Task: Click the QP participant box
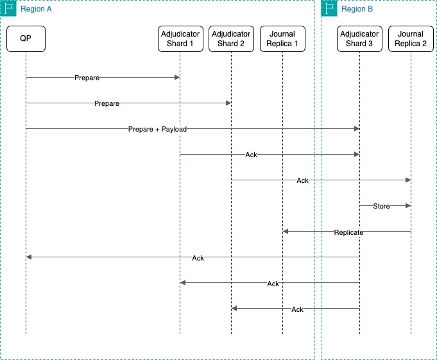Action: coord(26,39)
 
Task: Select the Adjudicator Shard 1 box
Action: coord(180,39)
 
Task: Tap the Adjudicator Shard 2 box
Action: coord(231,39)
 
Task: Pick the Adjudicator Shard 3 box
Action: coord(359,39)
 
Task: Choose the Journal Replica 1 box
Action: coord(282,39)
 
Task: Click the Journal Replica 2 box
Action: coord(411,39)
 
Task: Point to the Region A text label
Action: coord(36,9)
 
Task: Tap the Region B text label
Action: coord(357,9)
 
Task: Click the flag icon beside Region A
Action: coord(8,8)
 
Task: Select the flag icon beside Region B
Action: coord(329,8)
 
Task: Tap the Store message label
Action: coord(382,206)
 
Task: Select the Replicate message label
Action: coord(348,232)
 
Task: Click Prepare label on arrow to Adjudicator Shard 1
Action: coord(87,78)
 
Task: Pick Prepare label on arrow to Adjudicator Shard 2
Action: coord(107,103)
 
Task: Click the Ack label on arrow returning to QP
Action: coord(198,257)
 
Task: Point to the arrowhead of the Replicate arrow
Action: coord(286,232)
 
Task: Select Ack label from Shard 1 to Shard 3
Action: coord(251,155)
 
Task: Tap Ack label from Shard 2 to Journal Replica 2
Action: coord(302,180)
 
